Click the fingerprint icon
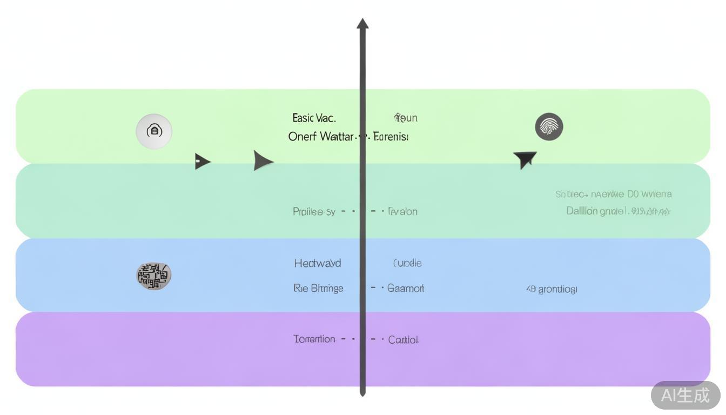(549, 127)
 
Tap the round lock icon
(154, 131)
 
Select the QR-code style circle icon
(154, 276)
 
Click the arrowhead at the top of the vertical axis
(362, 24)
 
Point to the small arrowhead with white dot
(202, 161)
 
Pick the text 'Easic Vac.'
(314, 118)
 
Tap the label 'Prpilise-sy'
(314, 212)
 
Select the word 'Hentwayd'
(318, 263)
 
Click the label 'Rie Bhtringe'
(318, 288)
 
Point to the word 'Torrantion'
(314, 339)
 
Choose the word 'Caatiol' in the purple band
(403, 340)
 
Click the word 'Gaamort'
(406, 288)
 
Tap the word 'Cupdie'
(407, 263)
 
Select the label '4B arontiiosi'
(552, 289)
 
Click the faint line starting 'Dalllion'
(618, 211)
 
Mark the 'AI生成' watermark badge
(685, 395)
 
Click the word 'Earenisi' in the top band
(391, 136)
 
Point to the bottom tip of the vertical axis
(362, 394)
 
